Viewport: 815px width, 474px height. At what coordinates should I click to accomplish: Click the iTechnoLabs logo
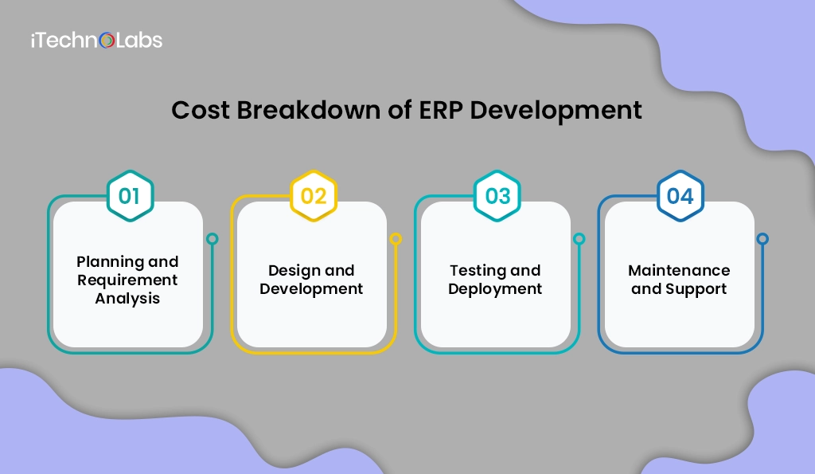pos(96,39)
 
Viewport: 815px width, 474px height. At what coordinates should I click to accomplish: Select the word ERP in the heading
pos(440,110)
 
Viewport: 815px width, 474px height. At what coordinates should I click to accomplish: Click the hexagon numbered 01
pos(130,196)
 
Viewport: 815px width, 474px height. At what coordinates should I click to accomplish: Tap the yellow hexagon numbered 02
pos(314,196)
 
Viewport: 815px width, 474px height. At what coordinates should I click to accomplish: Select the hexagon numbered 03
pos(497,196)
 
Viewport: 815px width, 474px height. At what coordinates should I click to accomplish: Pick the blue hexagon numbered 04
pos(680,196)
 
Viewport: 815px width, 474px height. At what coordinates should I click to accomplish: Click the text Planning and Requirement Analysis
pos(127,280)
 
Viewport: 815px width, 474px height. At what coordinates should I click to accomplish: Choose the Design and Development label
pos(311,280)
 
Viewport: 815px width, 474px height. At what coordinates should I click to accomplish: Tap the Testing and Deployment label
pos(495,280)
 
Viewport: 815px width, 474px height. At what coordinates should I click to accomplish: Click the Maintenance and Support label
pos(679,280)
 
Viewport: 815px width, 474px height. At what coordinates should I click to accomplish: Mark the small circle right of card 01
pos(212,238)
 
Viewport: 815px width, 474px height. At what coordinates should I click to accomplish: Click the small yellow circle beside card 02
pos(396,238)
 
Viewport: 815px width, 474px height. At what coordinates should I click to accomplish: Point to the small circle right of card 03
pos(579,238)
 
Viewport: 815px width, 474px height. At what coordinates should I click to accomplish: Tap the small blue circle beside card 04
pos(762,238)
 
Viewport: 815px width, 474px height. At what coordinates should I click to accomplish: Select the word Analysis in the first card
pos(127,299)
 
